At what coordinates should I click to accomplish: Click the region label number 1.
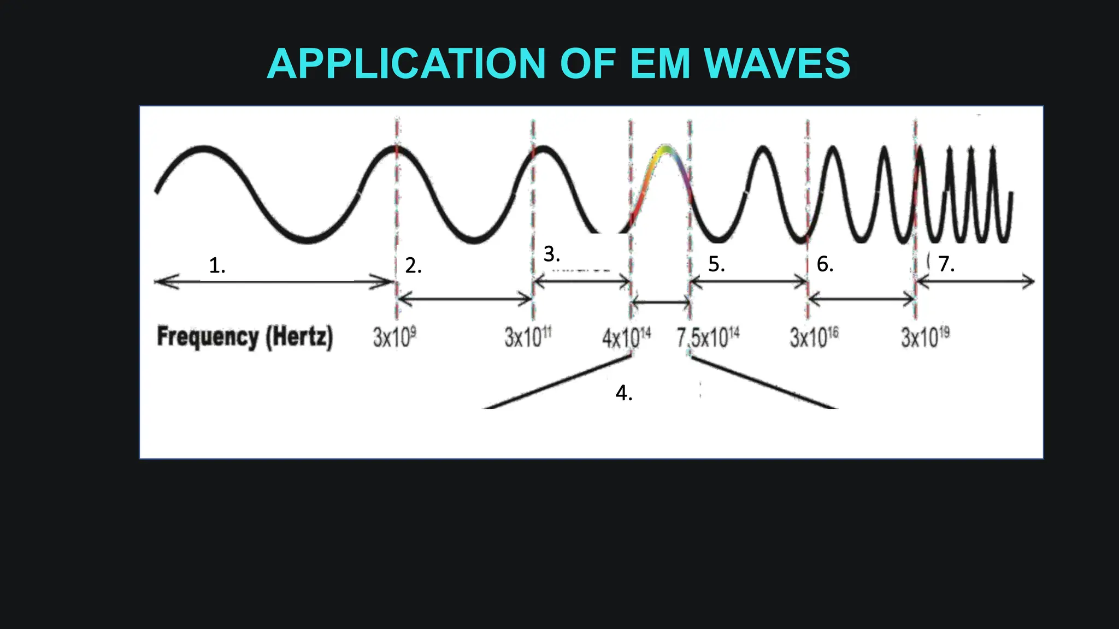(x=217, y=265)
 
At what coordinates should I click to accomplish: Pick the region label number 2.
(x=413, y=265)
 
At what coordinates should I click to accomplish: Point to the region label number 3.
(x=551, y=254)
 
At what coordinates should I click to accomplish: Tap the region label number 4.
(x=623, y=393)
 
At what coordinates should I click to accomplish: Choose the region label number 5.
(x=716, y=264)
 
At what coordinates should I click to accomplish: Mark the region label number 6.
(x=824, y=264)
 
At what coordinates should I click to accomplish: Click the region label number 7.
(x=946, y=264)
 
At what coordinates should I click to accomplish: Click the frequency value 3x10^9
(x=394, y=337)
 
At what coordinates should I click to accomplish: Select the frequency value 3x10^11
(x=528, y=337)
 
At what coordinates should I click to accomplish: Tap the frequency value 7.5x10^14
(x=708, y=337)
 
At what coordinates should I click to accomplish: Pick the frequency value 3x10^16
(x=814, y=337)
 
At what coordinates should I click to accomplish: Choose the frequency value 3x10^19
(x=925, y=337)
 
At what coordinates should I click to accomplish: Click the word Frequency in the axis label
(x=208, y=336)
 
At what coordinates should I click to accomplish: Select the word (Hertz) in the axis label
(x=299, y=337)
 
